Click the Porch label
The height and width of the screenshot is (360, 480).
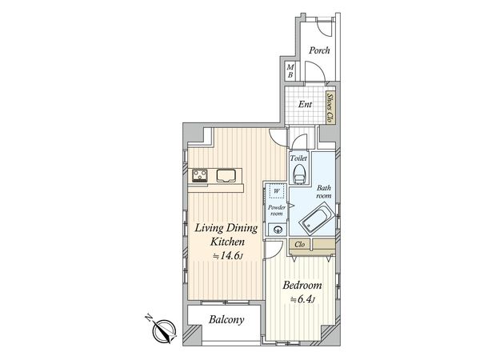pos(319,50)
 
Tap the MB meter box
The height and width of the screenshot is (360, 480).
pos(290,71)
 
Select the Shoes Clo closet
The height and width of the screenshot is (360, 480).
pos(330,107)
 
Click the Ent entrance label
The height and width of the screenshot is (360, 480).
pos(305,104)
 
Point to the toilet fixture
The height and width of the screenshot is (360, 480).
pos(300,174)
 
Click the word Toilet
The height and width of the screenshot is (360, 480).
pos(298,158)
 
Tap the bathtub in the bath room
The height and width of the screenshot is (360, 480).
pos(317,220)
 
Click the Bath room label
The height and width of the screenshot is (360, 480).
pos(323,192)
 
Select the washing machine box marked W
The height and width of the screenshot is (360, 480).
pos(277,191)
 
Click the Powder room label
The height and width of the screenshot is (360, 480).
pos(277,210)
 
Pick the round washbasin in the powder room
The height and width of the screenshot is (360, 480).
pos(278,230)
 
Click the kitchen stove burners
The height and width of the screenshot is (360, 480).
pos(199,176)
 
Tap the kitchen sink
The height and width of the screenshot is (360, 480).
pos(226,175)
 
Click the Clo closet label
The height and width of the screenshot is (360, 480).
pos(299,245)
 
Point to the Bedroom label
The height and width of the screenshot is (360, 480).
pos(302,286)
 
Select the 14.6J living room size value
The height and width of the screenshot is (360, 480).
pos(228,256)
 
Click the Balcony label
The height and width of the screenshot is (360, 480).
pos(226,320)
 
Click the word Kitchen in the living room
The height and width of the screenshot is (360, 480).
pos(227,242)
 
